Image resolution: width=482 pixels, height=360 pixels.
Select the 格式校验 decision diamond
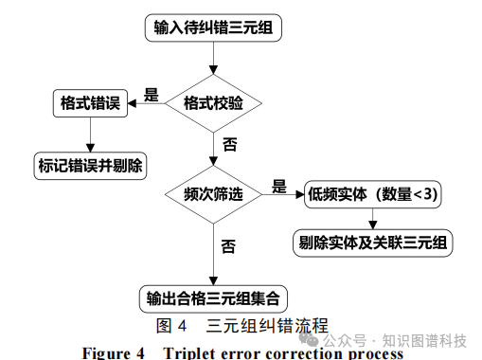(x=213, y=102)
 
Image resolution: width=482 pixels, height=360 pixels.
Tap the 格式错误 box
(x=88, y=102)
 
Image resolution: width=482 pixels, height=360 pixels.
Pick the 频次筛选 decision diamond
(x=213, y=194)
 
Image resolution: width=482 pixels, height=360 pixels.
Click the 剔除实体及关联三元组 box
(x=373, y=242)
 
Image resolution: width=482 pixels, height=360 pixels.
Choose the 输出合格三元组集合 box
(x=212, y=298)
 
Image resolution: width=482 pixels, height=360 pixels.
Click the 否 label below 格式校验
(x=229, y=145)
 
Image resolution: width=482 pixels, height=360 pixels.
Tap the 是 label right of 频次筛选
(x=279, y=185)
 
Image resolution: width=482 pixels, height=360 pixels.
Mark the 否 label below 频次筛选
(x=228, y=246)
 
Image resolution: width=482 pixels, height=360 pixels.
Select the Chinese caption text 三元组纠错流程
(x=267, y=327)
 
